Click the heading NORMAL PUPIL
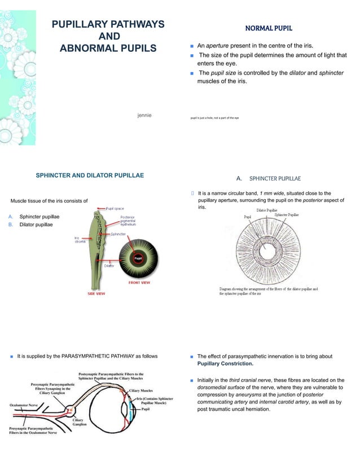pos(268,28)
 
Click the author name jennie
pos(144,115)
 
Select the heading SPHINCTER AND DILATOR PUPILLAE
pos(90,175)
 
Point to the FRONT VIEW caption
pos(139,282)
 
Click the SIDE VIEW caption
pos(95,293)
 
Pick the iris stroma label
pos(79,239)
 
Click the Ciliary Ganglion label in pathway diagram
pos(80,422)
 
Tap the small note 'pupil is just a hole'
pos(214,117)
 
